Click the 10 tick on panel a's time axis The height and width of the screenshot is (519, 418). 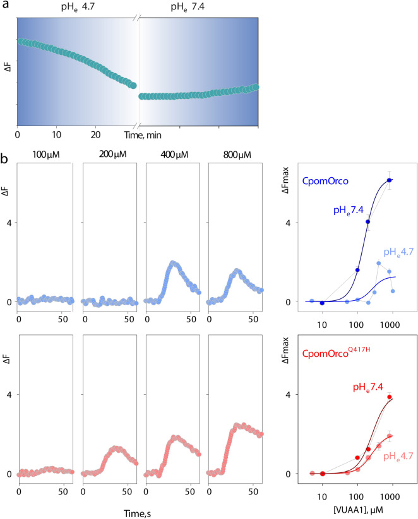57,134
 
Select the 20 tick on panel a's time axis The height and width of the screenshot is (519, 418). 96,134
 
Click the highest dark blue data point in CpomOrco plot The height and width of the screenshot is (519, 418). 390,180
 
